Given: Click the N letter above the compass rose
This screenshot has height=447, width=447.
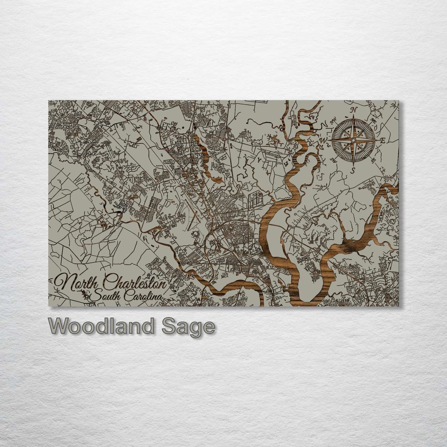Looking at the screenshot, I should tap(354, 110).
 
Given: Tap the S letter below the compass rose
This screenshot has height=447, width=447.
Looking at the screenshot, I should tap(353, 170).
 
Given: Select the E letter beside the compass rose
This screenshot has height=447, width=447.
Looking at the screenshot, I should tap(383, 141).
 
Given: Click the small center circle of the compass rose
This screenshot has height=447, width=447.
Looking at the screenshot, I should tap(353, 140).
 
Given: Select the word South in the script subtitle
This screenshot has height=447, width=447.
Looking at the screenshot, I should tap(103, 296).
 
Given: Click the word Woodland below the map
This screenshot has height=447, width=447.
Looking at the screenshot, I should tap(101, 326).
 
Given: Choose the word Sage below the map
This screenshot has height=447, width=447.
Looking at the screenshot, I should tap(188, 327).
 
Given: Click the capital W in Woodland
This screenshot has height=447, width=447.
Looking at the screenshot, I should tap(59, 326).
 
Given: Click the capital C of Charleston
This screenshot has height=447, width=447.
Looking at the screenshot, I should tap(108, 283).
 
